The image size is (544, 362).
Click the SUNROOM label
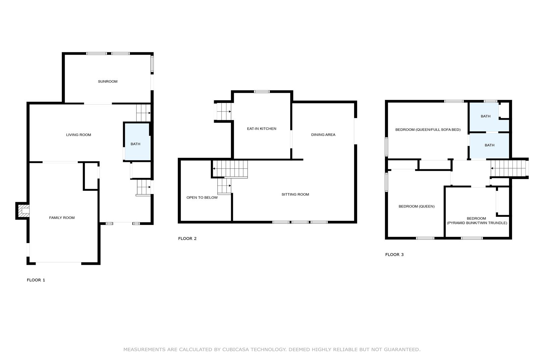point(108,81)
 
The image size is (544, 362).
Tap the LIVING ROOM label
point(79,135)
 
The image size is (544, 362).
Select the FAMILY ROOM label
point(62,218)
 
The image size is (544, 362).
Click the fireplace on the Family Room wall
point(22,211)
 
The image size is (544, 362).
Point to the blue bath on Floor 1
point(138,142)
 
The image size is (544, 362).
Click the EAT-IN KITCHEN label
point(261,129)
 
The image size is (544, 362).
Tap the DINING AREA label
point(323,135)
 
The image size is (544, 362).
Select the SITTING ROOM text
point(295,194)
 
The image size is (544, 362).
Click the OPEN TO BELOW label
point(202,197)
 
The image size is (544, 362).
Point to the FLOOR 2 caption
point(187,239)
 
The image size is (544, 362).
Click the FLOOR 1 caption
point(36,280)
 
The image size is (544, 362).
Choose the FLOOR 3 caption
point(394,254)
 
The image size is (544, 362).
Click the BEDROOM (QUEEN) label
point(416,206)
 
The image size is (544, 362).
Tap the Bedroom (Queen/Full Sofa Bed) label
point(428,130)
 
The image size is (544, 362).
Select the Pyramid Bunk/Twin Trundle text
point(477,223)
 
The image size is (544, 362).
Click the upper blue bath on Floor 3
point(489,117)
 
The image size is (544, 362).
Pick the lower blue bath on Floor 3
point(489,146)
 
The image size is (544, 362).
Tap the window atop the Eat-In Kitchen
point(262,92)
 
